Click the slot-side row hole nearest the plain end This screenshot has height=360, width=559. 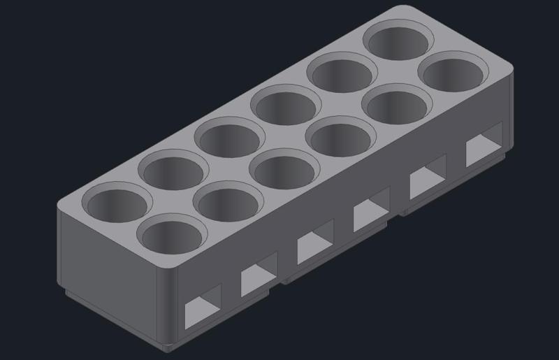173,237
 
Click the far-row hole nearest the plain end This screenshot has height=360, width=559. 117,203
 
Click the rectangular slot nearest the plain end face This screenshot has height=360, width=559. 203,308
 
